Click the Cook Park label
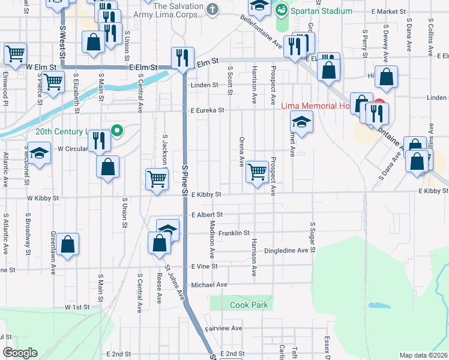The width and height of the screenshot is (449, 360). pos(249,305)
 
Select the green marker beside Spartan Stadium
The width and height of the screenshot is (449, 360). pos(280,10)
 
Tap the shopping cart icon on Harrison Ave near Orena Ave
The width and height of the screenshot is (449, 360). pos(257,172)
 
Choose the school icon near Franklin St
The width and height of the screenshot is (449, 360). pos(168,230)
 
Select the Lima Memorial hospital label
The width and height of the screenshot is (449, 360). pos(315,106)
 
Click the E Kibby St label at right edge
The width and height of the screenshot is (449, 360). pos(433,190)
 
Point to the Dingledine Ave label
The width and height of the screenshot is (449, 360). pos(286,250)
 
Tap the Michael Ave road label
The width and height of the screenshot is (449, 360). pos(209,284)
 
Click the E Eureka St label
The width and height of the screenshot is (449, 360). pos(207,110)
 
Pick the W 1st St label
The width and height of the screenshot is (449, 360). pos(77,307)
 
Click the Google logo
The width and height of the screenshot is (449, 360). pos(20,353)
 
